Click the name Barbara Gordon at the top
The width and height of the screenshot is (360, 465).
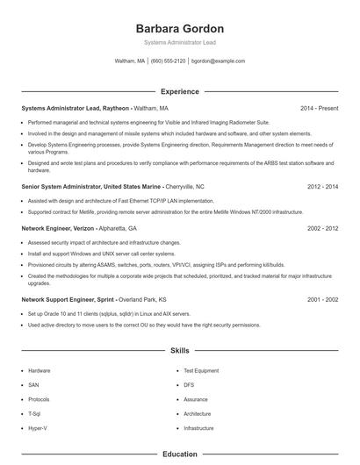179,28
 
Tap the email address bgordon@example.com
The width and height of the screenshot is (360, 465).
218,61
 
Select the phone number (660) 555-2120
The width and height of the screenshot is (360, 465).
168,61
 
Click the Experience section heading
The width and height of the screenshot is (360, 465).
179,91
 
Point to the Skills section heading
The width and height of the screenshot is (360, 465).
179,350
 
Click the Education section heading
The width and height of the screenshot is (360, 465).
179,454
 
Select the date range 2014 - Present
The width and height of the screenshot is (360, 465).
320,108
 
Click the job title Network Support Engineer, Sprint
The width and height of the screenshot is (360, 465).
68,299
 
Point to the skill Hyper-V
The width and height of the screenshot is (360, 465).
38,427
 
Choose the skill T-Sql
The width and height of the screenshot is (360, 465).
35,413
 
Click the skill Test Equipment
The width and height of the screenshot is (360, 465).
201,370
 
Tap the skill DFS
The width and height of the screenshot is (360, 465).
189,384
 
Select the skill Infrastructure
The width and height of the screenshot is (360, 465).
199,427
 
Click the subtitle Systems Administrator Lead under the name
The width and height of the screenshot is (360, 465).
179,42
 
